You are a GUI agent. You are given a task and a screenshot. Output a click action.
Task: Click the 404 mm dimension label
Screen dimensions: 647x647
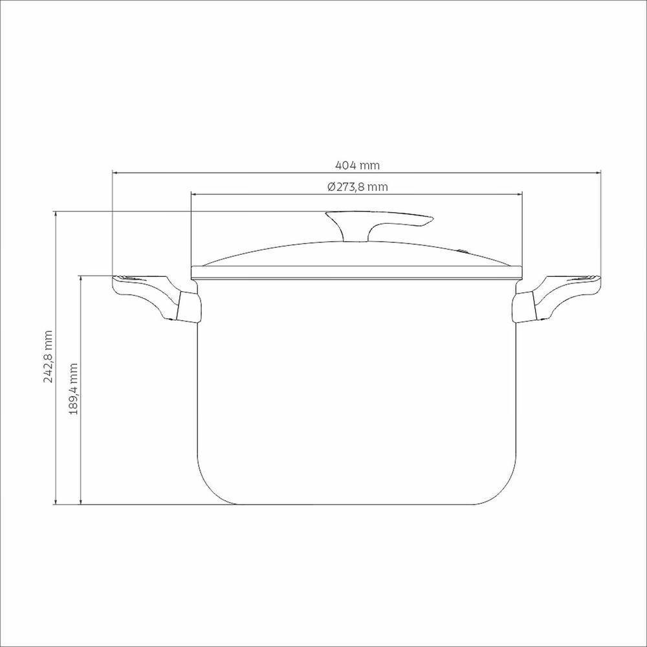tap(356, 166)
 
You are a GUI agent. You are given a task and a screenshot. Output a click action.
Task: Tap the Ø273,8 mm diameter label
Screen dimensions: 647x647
tap(357, 187)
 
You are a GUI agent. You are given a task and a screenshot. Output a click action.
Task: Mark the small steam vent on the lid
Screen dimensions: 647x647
tap(463, 251)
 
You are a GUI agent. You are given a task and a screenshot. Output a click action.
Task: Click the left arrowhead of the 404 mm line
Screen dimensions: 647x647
tap(115, 173)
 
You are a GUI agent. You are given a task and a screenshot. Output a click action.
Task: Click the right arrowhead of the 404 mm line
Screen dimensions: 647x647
tap(599, 173)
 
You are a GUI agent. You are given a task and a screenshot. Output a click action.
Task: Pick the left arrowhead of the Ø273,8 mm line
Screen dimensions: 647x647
tap(193, 193)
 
